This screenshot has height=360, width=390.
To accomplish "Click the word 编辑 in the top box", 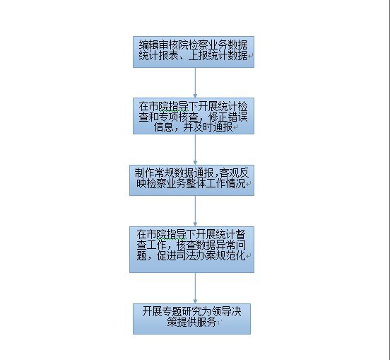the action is [149, 45].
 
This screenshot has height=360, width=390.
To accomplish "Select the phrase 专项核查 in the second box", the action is [178, 117].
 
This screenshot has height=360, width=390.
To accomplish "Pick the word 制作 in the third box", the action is [145, 173].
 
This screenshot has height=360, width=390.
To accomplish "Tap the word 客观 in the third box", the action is [229, 173].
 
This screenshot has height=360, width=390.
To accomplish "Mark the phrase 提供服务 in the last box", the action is [196, 323].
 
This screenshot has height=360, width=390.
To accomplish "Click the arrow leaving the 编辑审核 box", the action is [195, 83].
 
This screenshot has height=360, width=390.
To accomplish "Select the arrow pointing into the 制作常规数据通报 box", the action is [195, 149].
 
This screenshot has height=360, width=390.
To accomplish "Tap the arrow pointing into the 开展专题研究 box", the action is [195, 288].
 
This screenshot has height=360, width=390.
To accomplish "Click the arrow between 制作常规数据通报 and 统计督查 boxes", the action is [195, 211].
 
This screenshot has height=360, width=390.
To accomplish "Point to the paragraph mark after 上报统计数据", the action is [250, 57].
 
